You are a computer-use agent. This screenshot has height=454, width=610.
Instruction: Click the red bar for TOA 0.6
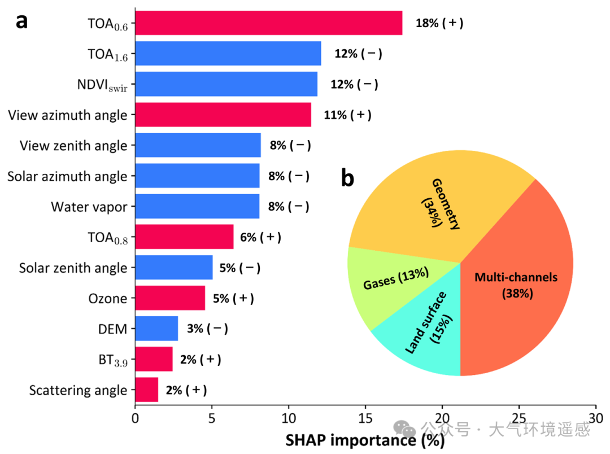[268, 23]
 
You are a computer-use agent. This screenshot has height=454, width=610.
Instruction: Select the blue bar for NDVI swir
[226, 84]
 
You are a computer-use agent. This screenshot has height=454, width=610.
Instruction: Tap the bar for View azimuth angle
[223, 115]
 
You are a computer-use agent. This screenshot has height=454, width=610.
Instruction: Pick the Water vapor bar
[197, 206]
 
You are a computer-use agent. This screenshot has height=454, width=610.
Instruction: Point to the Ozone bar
[170, 298]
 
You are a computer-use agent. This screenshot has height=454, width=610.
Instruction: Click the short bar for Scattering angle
[146, 390]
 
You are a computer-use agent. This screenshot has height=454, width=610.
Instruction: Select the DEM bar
[156, 329]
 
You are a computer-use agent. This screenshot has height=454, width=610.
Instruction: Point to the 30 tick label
[596, 419]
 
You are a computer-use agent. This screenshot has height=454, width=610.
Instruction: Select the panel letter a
[21, 21]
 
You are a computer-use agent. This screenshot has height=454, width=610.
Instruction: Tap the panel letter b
[347, 178]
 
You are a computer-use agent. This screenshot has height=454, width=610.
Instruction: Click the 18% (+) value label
[439, 23]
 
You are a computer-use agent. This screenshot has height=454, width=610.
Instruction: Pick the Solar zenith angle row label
[73, 268]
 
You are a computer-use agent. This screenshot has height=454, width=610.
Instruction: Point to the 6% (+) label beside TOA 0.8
[260, 237]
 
